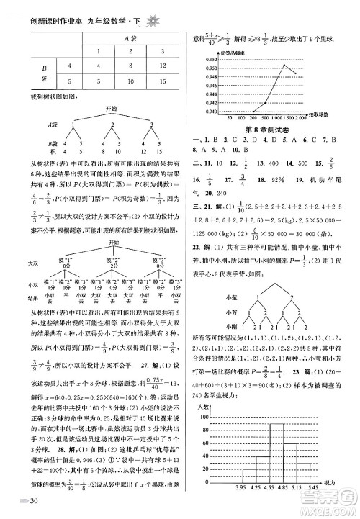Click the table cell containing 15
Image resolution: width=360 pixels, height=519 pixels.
point(162,82)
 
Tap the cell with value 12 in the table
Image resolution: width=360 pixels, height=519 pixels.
point(162,66)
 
